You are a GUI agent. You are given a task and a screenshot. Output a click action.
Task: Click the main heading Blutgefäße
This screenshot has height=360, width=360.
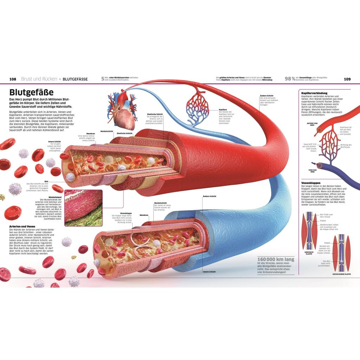point(31,92)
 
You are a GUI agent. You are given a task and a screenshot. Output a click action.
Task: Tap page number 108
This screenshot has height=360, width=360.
point(13,79)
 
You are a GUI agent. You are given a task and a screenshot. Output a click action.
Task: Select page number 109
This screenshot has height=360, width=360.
point(347,79)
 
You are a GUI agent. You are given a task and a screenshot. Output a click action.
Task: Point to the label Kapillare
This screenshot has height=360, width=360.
point(223,110)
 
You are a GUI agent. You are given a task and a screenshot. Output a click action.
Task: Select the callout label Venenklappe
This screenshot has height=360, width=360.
point(126,213)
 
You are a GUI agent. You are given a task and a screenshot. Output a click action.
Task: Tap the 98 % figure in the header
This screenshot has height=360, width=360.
point(290,79)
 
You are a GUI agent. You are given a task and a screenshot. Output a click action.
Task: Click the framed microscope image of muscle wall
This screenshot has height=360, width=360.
point(83,208)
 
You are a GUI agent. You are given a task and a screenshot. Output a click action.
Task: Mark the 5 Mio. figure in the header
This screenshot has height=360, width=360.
point(103,79)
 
